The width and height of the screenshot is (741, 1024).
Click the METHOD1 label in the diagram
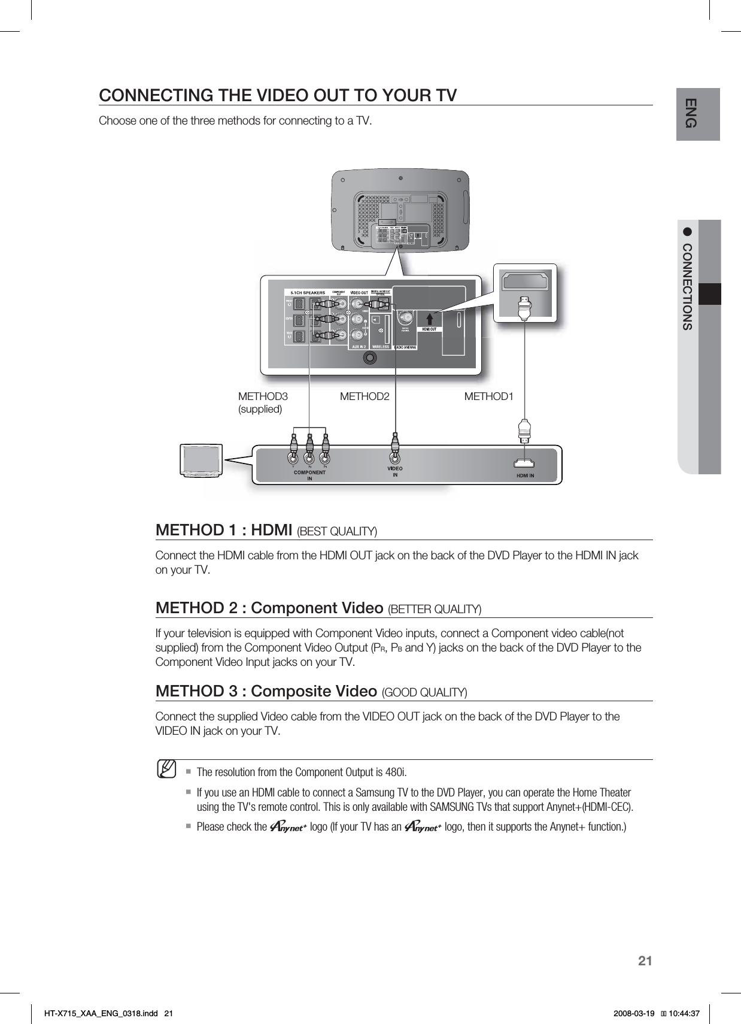pyautogui.click(x=488, y=396)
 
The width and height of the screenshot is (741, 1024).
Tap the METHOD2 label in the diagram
pyautogui.click(x=365, y=396)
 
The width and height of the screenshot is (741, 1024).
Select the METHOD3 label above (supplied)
pyautogui.click(x=263, y=396)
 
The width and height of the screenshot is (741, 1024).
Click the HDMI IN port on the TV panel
pyautogui.click(x=526, y=463)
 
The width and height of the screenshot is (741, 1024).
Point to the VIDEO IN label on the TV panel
pyautogui.click(x=394, y=471)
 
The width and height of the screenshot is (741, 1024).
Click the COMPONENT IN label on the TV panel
pyautogui.click(x=309, y=475)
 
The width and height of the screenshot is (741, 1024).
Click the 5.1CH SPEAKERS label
pyautogui.click(x=308, y=293)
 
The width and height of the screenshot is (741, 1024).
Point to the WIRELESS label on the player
pyautogui.click(x=381, y=346)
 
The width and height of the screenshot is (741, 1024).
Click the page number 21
pyautogui.click(x=644, y=961)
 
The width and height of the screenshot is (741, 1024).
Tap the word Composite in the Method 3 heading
pyautogui.click(x=293, y=691)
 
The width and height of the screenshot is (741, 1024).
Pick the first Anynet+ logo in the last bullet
pyautogui.click(x=288, y=827)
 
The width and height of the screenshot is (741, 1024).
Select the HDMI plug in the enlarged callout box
pyautogui.click(x=525, y=308)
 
